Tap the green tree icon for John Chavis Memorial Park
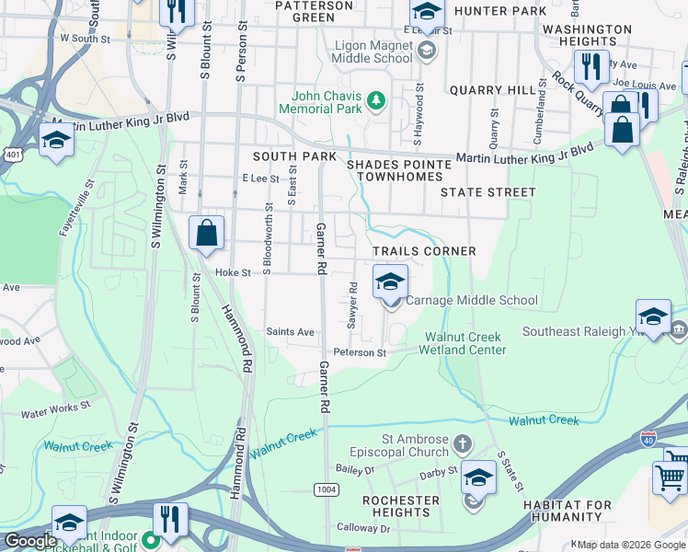tap(375, 99)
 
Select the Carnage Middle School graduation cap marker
tap(390, 282)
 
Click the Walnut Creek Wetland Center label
tap(462, 343)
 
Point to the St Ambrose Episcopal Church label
tap(399, 446)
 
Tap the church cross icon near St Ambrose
tap(462, 445)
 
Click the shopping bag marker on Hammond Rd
tap(207, 234)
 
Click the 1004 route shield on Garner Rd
tap(325, 488)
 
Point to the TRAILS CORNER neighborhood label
tap(424, 251)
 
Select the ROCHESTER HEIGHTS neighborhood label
tap(401, 507)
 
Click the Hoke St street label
tap(233, 273)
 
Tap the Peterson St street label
tap(360, 352)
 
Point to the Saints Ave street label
tap(290, 332)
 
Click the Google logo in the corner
tap(29, 541)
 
